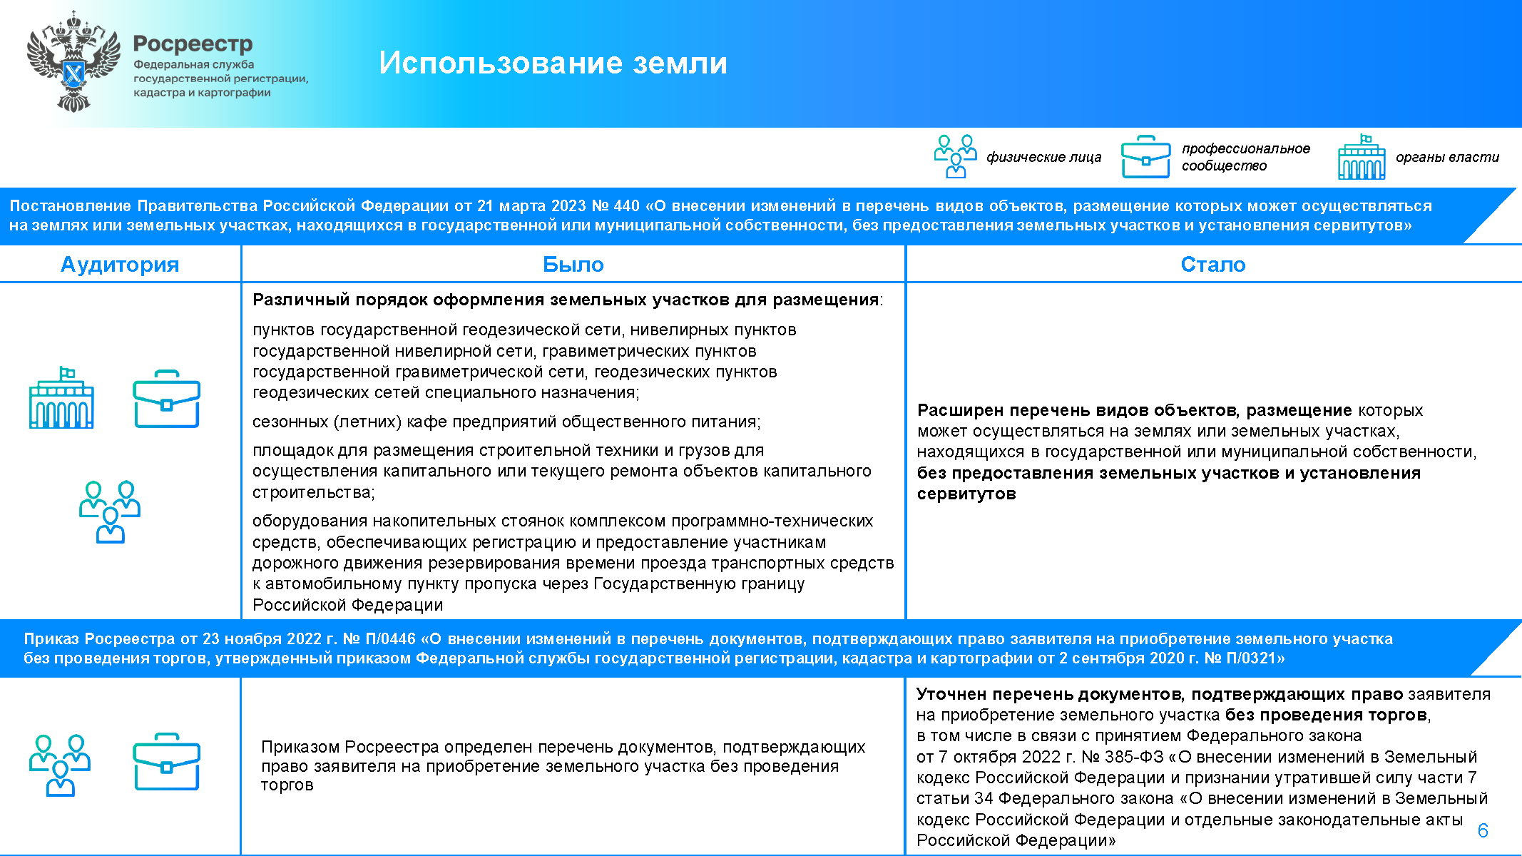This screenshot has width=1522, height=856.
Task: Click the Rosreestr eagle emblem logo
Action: point(73,62)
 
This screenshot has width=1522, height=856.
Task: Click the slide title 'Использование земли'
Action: point(553,63)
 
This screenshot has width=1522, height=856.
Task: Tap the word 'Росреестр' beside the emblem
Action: point(193,44)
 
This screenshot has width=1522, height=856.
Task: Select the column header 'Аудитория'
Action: point(120,265)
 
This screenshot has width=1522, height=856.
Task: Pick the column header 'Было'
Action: point(573,265)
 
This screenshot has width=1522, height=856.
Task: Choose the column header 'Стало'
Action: point(1212,265)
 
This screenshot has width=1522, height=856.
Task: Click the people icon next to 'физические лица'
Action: point(955,156)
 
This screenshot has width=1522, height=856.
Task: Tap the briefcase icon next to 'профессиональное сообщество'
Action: point(1145,157)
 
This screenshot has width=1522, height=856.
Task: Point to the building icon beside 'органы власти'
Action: point(1362,157)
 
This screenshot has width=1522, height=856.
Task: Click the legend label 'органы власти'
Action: point(1447,157)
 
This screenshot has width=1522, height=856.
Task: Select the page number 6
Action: point(1483,830)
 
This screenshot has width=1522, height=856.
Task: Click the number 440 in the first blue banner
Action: point(626,206)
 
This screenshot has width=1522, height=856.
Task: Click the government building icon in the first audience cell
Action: point(61,399)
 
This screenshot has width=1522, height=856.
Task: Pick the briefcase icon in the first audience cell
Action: point(166,399)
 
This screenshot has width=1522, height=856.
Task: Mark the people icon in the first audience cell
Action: point(110,511)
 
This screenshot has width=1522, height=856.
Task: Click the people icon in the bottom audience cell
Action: point(60,765)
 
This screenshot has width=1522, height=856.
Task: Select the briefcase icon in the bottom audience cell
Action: point(166,762)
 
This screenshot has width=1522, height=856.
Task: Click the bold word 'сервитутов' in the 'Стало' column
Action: point(966,494)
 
